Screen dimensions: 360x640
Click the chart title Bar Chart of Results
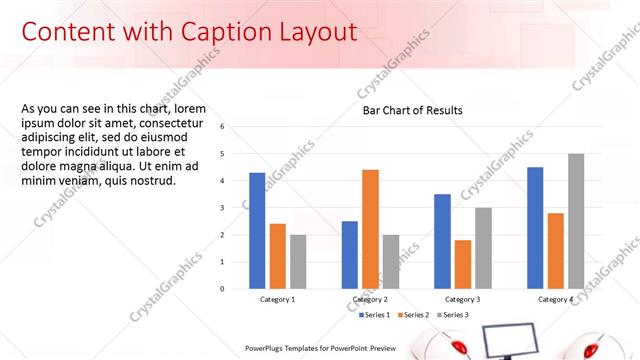[412, 110]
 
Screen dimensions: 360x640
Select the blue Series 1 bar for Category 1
[257, 230]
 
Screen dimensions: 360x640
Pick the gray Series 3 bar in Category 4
[576, 221]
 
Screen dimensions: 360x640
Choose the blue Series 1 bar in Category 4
[535, 227]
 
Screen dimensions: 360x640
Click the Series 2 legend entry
[414, 315]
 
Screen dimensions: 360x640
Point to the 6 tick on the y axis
[223, 127]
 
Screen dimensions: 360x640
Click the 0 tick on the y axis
[223, 289]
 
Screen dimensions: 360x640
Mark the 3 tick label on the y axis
[223, 208]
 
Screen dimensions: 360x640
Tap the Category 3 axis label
[462, 299]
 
